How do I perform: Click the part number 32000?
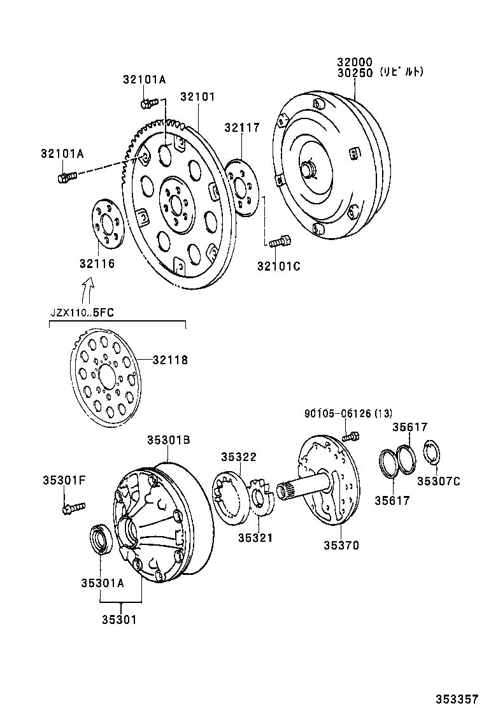click(x=354, y=62)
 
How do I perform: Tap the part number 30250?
click(x=354, y=73)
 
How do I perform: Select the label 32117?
click(x=241, y=128)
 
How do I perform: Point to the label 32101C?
click(x=278, y=266)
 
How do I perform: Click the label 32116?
click(x=97, y=263)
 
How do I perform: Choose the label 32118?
click(x=170, y=360)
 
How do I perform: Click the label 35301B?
click(x=169, y=440)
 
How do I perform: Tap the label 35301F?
click(x=64, y=479)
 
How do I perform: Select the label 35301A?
click(x=103, y=582)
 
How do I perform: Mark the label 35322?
click(x=239, y=457)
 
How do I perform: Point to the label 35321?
click(x=255, y=538)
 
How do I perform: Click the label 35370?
click(x=341, y=545)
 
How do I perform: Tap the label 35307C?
click(x=438, y=481)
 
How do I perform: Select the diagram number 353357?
click(x=456, y=697)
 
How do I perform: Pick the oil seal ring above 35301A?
click(x=101, y=539)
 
